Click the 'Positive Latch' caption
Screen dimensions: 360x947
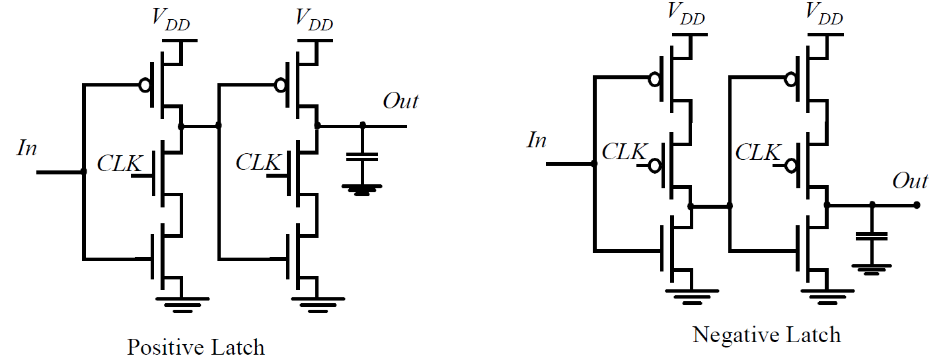coord(196,347)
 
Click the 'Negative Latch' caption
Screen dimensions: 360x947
coord(767,334)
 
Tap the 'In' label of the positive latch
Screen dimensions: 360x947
coord(27,149)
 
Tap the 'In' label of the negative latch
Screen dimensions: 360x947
coord(537,140)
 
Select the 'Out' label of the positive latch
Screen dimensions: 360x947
coord(400,101)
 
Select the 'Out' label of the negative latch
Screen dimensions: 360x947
coord(910,181)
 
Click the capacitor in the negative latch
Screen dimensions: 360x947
coord(872,236)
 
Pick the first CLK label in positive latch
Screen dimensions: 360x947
coord(119,162)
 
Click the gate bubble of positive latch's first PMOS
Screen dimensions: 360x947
coord(145,85)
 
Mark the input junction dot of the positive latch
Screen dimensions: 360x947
coord(83,172)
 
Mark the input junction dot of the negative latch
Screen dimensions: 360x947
coord(593,164)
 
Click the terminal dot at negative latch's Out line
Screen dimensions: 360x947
coord(917,205)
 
